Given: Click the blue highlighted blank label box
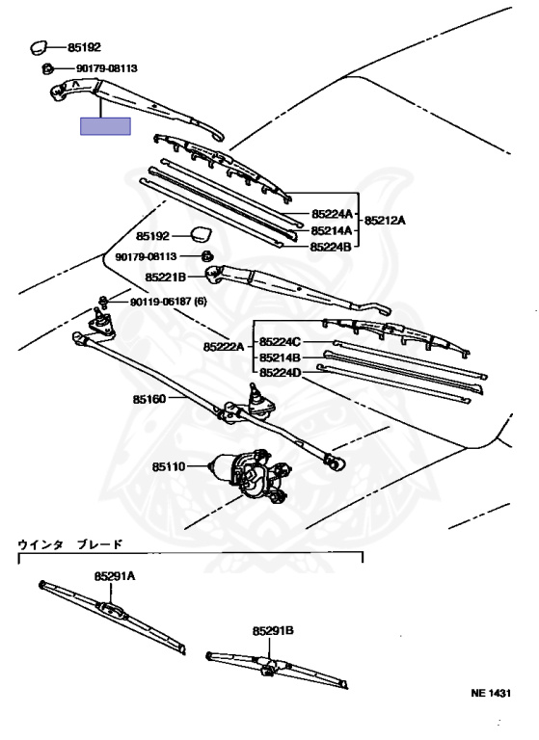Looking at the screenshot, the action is [x=105, y=126].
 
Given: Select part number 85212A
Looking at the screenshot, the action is [x=385, y=221].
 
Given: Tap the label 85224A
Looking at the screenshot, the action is [x=332, y=214].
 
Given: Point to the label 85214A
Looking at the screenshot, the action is [x=332, y=230].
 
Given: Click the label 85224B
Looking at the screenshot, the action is [x=331, y=247].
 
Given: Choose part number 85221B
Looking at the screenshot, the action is [x=165, y=277].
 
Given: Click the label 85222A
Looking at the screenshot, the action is [x=224, y=347].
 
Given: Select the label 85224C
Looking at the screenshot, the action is [x=280, y=342].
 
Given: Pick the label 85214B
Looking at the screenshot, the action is [x=280, y=357].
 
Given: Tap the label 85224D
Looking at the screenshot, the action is [x=281, y=373].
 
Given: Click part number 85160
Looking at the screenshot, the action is [x=149, y=399].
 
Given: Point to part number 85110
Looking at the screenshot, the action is [x=169, y=466].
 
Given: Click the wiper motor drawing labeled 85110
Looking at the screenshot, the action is [x=249, y=474].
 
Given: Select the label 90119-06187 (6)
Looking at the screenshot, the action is [x=168, y=301].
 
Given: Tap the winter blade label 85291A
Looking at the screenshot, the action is [x=115, y=576].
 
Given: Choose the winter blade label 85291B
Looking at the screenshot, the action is [x=273, y=630].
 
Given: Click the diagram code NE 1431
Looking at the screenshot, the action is [x=491, y=693].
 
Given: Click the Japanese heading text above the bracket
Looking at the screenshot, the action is [x=70, y=544].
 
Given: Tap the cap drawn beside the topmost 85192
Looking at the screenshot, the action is [x=39, y=47].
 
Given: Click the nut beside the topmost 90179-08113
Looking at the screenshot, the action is [x=47, y=69].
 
